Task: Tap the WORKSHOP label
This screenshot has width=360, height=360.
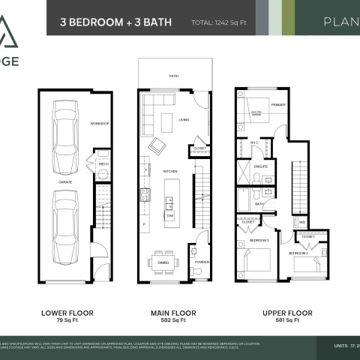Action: click(100, 123)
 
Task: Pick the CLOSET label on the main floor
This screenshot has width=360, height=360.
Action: click(199, 148)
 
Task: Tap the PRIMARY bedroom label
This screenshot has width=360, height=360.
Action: click(278, 105)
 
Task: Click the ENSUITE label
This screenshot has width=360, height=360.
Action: click(261, 166)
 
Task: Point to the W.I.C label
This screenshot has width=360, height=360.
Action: click(253, 142)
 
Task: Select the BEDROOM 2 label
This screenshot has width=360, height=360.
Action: click(259, 240)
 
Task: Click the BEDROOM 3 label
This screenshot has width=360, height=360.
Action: click(298, 253)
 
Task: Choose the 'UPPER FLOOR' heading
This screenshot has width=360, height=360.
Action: click(281, 312)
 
